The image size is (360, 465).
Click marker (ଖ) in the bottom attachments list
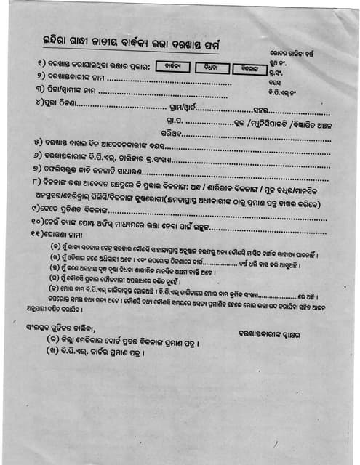click(x=55, y=360)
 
